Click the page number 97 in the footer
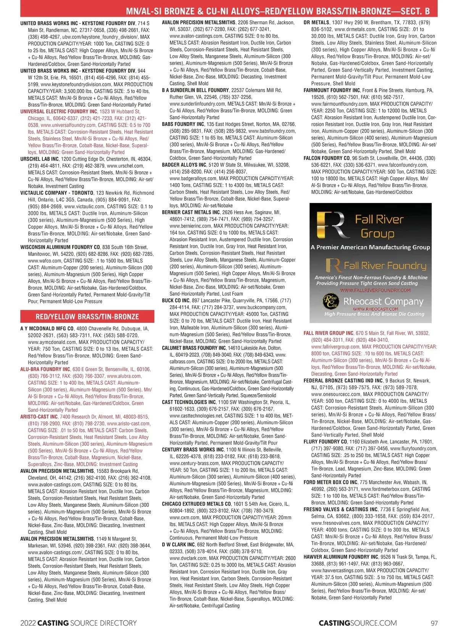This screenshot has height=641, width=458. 434,623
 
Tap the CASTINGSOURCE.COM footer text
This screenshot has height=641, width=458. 358,623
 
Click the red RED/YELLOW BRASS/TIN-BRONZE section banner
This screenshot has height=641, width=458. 87,317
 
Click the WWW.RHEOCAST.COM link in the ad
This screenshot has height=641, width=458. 375,309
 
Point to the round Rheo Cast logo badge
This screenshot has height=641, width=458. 331,302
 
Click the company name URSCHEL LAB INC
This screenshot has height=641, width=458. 39,159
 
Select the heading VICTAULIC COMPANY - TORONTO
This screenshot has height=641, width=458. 56,193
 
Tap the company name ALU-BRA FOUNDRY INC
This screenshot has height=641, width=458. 45,369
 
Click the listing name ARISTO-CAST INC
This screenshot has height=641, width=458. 39,417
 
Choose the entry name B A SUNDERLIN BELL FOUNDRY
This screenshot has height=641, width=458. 195,90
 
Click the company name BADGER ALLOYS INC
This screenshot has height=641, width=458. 184,165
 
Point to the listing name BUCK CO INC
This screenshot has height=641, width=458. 176,301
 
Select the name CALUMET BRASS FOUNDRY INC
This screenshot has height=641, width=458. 194,348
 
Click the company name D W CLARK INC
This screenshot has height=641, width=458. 178,545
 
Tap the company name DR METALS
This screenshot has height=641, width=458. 316,23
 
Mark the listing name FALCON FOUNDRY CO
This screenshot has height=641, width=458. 327,158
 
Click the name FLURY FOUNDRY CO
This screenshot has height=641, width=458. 325,442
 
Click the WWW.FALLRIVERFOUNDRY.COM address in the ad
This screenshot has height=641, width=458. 375,290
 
